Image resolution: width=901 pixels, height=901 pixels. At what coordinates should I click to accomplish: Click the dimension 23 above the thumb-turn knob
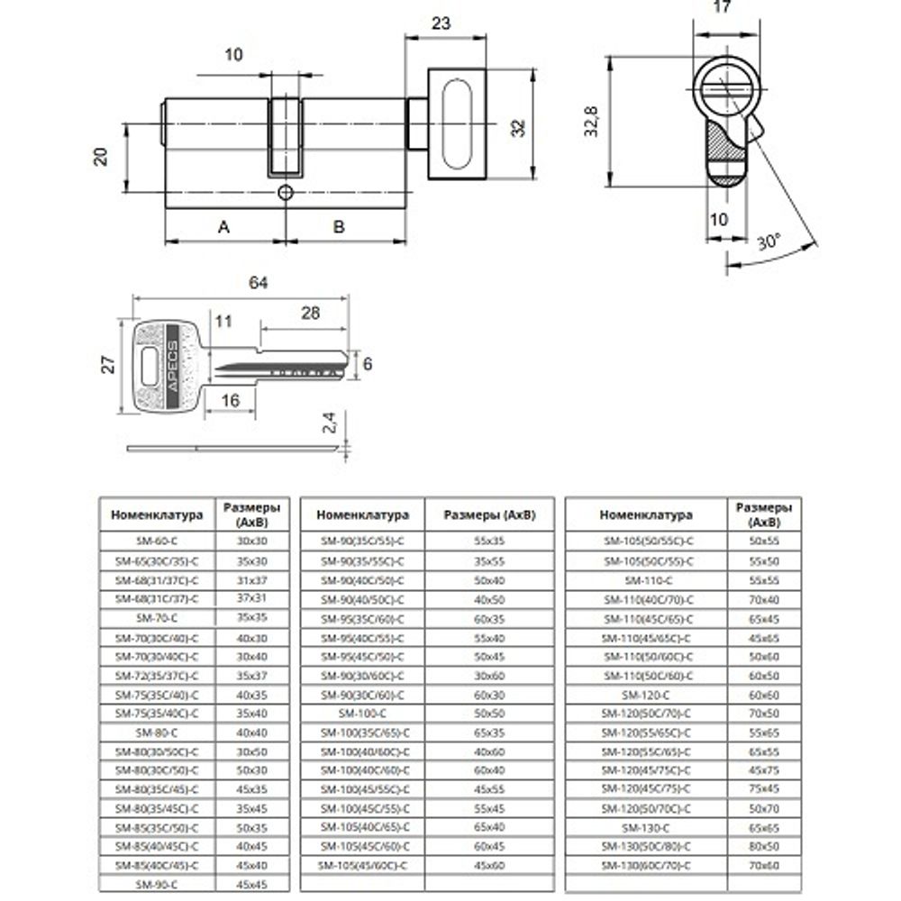pyautogui.click(x=441, y=24)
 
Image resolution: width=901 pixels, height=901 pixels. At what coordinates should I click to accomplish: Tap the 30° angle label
pyautogui.click(x=769, y=243)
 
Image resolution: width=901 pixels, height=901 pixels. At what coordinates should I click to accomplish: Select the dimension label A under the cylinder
pyautogui.click(x=223, y=227)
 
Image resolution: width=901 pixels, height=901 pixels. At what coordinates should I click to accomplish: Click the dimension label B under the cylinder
pyautogui.click(x=339, y=227)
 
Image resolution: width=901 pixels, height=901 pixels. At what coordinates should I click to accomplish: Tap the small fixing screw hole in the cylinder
pyautogui.click(x=286, y=192)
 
